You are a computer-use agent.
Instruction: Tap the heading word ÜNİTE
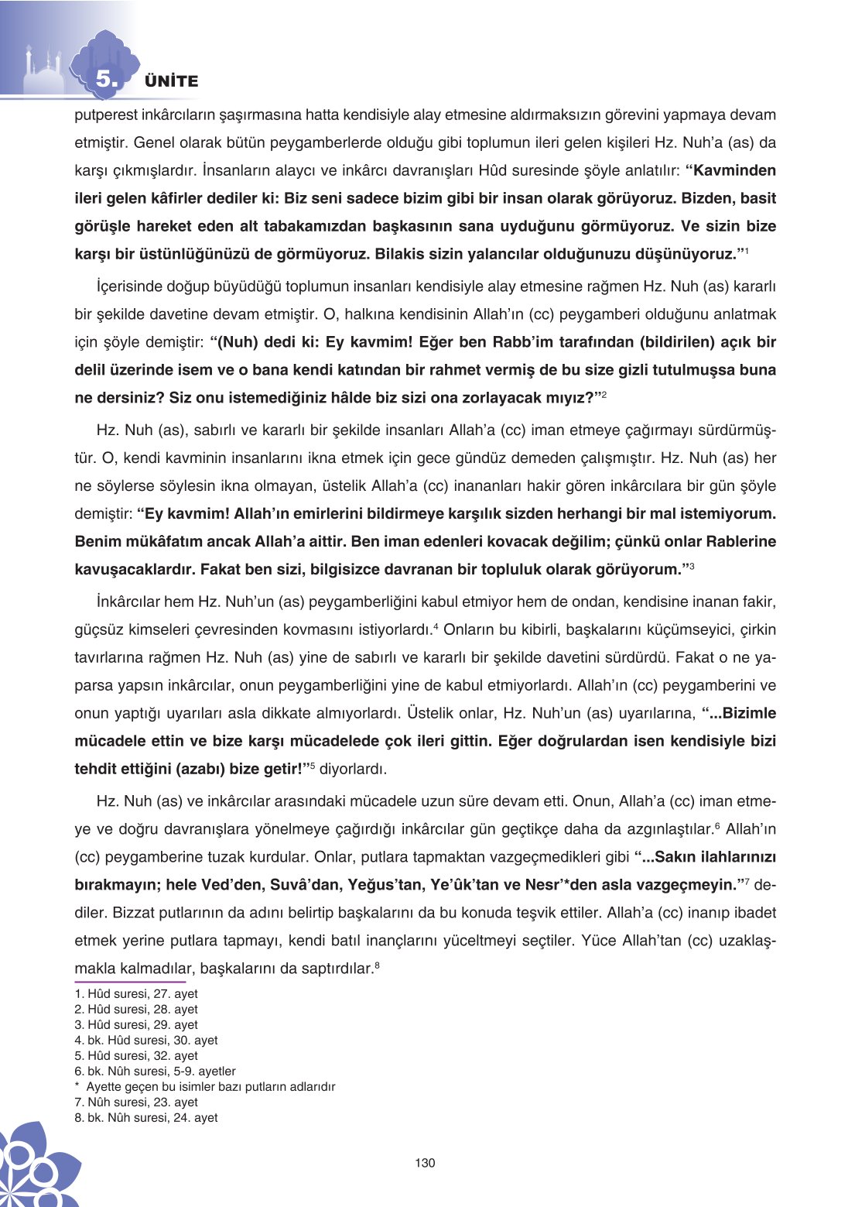tap(172, 81)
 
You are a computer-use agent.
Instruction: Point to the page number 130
tap(425, 1162)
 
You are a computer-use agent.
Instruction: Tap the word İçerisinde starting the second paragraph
tap(131, 286)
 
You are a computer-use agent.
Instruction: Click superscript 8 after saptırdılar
tap(377, 965)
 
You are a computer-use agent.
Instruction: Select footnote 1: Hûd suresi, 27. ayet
tap(136, 994)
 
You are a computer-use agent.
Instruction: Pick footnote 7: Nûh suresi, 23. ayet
tap(136, 1102)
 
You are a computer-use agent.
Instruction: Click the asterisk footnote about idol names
tap(205, 1087)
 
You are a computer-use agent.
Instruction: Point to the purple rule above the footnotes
tap(130, 982)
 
